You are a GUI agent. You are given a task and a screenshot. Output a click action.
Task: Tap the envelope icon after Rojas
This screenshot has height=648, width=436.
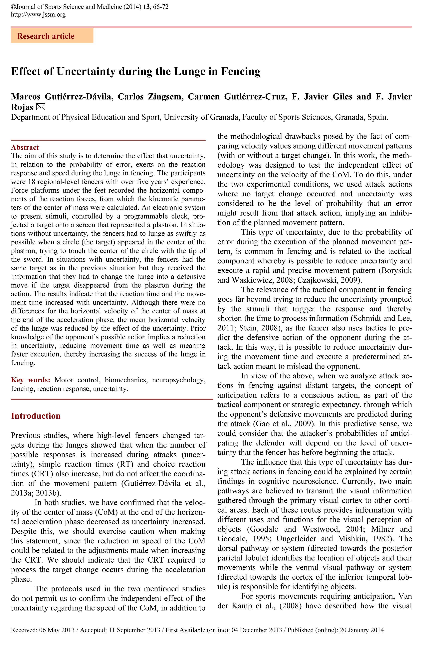(x=41, y=107)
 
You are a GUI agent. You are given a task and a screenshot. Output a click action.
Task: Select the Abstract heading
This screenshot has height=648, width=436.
(x=25, y=147)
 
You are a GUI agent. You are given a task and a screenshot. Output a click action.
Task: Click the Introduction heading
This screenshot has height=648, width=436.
(x=36, y=416)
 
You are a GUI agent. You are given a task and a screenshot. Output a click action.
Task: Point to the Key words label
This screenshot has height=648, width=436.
(x=31, y=380)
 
